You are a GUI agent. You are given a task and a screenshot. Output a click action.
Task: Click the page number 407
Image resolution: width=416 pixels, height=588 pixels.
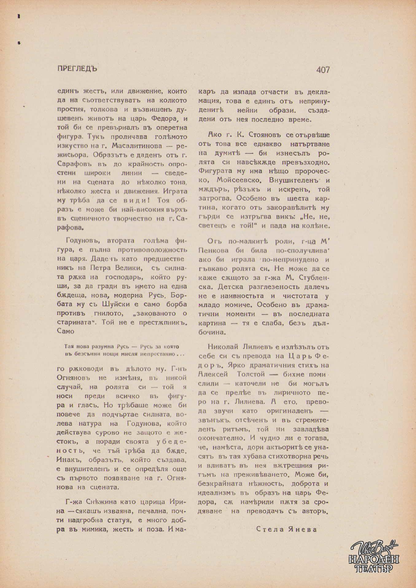pyautogui.click(x=323, y=70)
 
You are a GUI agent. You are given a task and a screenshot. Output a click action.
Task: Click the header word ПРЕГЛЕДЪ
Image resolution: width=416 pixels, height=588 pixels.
pyautogui.click(x=77, y=69)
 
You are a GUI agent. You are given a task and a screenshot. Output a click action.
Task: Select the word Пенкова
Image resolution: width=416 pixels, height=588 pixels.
pyautogui.click(x=214, y=251)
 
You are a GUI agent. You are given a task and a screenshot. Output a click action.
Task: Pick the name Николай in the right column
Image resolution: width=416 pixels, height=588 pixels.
pyautogui.click(x=223, y=347)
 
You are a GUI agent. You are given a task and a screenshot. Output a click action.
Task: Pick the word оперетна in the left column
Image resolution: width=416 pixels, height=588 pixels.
pyautogui.click(x=170, y=128)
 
